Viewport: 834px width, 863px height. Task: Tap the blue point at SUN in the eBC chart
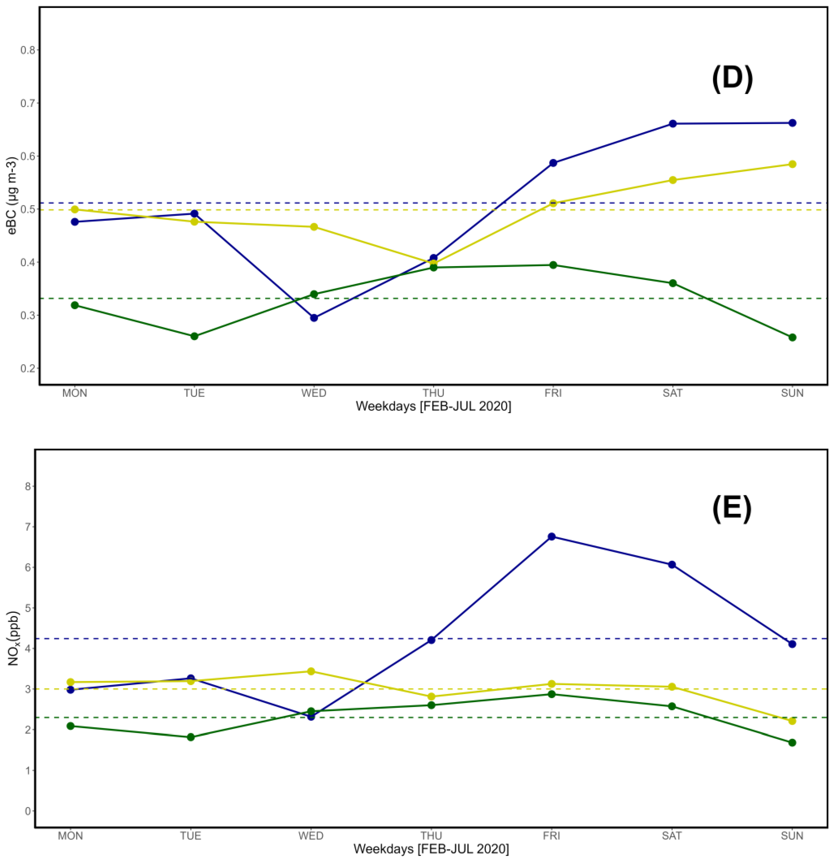792,123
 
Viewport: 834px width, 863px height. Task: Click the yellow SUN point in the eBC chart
792,164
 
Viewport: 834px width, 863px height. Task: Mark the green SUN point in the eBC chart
792,337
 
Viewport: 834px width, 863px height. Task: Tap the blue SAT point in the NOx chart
672,564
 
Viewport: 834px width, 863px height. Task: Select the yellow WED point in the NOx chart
311,671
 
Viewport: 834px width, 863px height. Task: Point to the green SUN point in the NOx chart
792,742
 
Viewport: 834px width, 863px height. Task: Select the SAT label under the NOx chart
672,836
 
